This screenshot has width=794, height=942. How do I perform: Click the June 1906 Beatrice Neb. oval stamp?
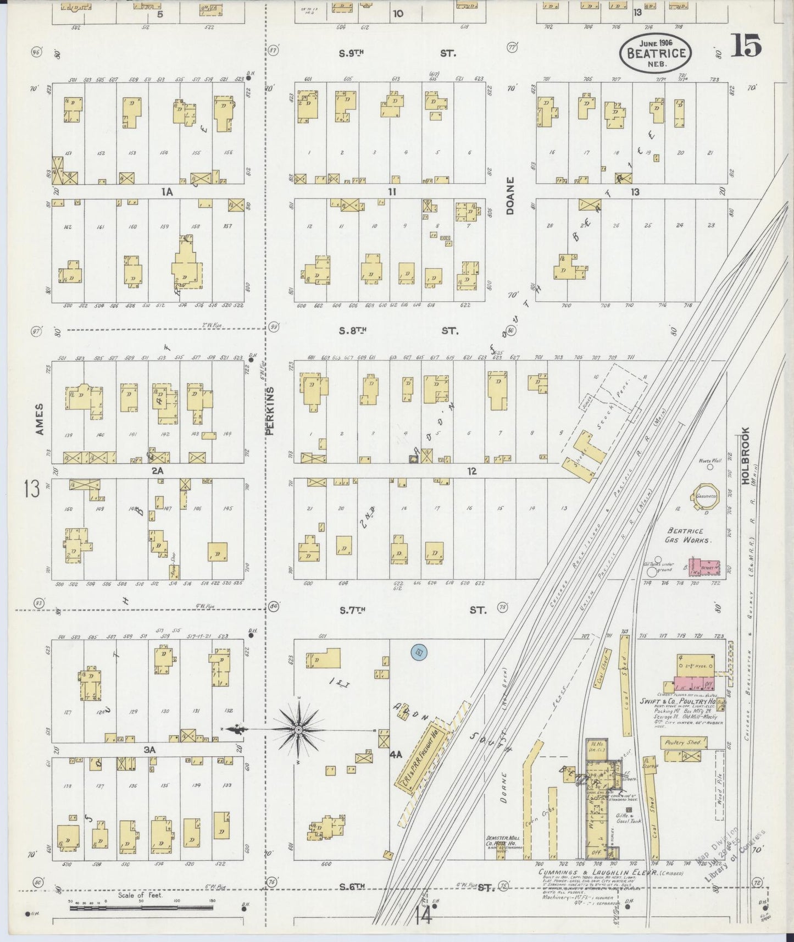point(656,53)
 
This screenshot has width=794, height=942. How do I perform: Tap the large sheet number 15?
point(746,46)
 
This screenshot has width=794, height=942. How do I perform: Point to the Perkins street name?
point(270,410)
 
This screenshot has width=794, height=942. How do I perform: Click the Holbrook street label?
point(745,456)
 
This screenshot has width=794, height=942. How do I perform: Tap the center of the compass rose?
point(298,729)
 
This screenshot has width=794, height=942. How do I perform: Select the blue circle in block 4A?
point(419,652)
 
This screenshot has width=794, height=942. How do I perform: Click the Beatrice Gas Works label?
point(690,535)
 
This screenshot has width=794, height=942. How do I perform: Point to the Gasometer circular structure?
point(707,496)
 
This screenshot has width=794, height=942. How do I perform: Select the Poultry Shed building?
point(683,742)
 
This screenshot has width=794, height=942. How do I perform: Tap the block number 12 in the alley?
point(471,471)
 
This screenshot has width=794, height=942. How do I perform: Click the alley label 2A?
point(157,470)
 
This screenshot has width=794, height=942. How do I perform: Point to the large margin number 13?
point(31,488)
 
